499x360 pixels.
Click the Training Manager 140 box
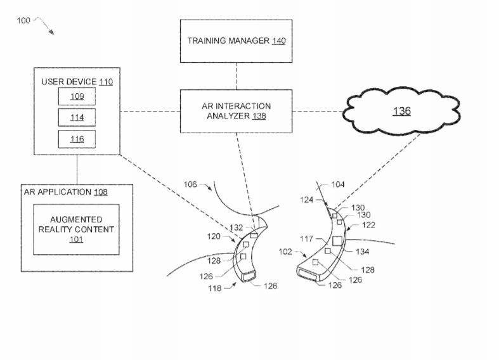point(237,41)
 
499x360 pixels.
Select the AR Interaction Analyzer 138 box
point(237,111)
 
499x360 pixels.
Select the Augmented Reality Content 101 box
point(76,229)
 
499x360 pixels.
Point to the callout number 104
point(338,184)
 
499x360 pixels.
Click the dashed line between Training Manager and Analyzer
point(237,75)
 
